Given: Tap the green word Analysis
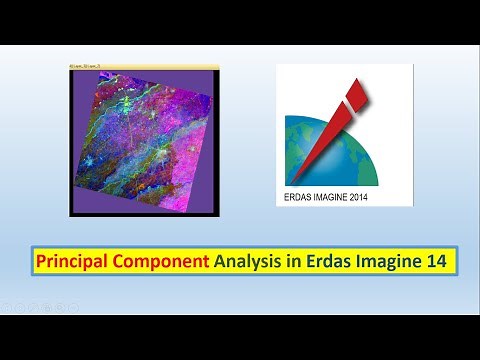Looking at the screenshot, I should tap(248, 263).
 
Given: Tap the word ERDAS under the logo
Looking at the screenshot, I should tap(297, 197).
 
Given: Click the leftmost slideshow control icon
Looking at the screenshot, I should tap(9, 307).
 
